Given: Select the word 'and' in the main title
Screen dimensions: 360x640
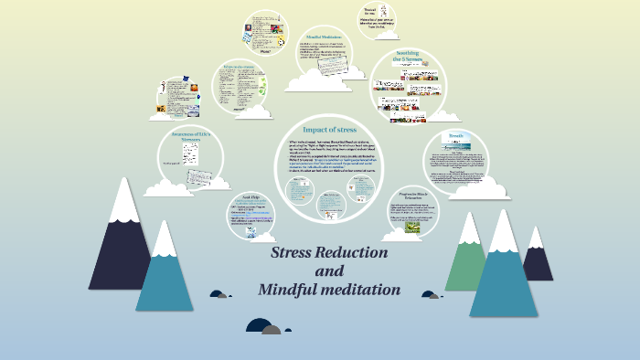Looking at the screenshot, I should [329, 271].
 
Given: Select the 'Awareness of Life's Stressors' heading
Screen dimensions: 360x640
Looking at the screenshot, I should [192, 139].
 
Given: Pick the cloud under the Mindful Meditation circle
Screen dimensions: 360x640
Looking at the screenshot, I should [315, 80].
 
